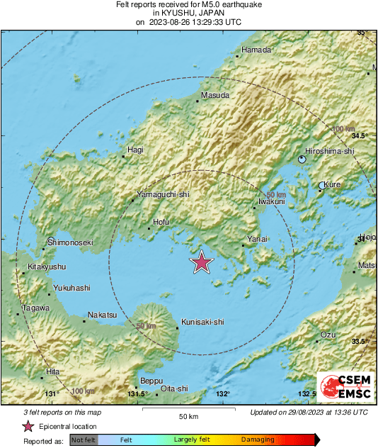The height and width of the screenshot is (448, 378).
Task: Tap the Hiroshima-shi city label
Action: click(328, 151)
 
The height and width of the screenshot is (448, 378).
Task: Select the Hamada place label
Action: click(256, 50)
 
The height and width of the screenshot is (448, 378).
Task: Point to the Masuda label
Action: click(215, 94)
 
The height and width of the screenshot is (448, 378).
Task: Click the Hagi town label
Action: click(134, 150)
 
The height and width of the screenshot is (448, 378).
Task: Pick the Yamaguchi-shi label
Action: click(163, 194)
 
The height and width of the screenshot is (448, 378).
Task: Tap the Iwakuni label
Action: click(271, 201)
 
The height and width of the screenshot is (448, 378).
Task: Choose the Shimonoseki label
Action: click(70, 242)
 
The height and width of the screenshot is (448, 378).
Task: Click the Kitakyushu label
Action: click(47, 267)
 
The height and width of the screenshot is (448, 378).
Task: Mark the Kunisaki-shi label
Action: click(203, 322)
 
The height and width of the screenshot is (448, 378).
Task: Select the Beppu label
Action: click(151, 380)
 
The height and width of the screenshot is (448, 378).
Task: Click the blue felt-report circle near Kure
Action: click(322, 186)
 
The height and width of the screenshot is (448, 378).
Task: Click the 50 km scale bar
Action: click(188, 409)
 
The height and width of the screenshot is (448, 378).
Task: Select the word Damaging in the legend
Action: click(258, 439)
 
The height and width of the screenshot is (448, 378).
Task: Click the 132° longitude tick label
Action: click(223, 394)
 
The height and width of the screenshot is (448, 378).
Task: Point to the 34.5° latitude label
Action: click(361, 135)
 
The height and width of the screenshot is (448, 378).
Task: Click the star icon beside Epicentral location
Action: click(28, 426)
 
